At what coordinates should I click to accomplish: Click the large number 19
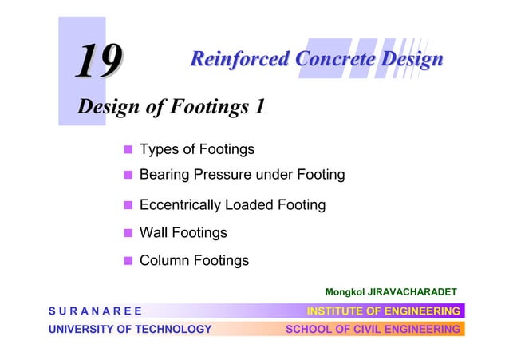click(x=99, y=61)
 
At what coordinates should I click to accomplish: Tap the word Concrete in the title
click(x=336, y=59)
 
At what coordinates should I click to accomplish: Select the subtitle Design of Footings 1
click(x=170, y=107)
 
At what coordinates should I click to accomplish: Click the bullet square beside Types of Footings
click(x=127, y=150)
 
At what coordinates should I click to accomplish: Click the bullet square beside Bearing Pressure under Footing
click(x=127, y=175)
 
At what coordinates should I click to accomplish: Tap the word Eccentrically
click(x=180, y=205)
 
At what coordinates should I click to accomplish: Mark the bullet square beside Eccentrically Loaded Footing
click(x=127, y=205)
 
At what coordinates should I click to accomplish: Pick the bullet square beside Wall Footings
click(x=127, y=233)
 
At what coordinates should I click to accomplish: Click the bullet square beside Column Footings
click(x=127, y=260)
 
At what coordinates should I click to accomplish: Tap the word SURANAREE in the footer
click(x=95, y=311)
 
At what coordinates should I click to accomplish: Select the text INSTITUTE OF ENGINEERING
click(x=384, y=311)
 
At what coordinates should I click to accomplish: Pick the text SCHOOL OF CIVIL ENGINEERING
click(x=373, y=329)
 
